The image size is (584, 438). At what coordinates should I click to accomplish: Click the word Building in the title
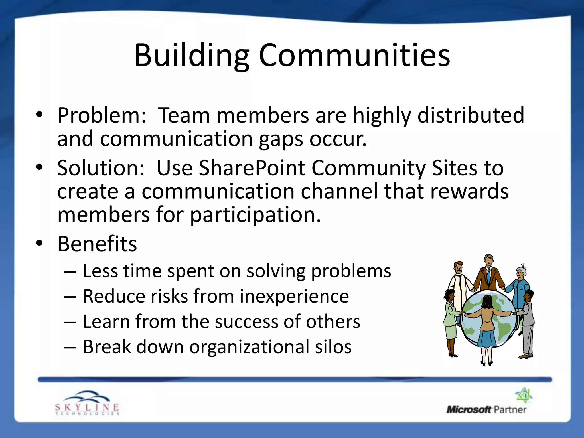click(x=192, y=56)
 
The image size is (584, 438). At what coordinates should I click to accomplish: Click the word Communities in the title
click(x=354, y=56)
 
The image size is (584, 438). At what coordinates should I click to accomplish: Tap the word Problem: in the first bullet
click(x=102, y=115)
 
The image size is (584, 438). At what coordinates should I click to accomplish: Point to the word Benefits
click(x=97, y=244)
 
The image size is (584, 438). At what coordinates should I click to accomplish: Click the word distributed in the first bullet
click(x=471, y=115)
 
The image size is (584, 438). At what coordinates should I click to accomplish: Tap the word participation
click(x=255, y=215)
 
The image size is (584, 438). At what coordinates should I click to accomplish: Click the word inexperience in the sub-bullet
click(x=294, y=297)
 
